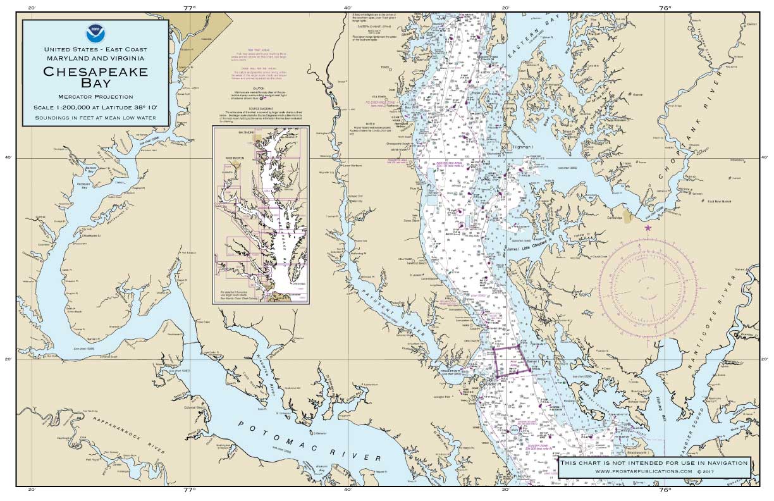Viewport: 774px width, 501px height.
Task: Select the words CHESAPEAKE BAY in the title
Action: pyautogui.click(x=95, y=77)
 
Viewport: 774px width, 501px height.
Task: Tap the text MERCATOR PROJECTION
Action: pyautogui.click(x=95, y=97)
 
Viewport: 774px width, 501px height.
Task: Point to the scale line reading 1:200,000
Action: pyautogui.click(x=95, y=108)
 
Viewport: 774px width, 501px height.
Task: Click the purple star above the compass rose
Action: pyautogui.click(x=648, y=228)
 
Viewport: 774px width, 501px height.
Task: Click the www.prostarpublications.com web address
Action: pyautogui.click(x=653, y=471)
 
